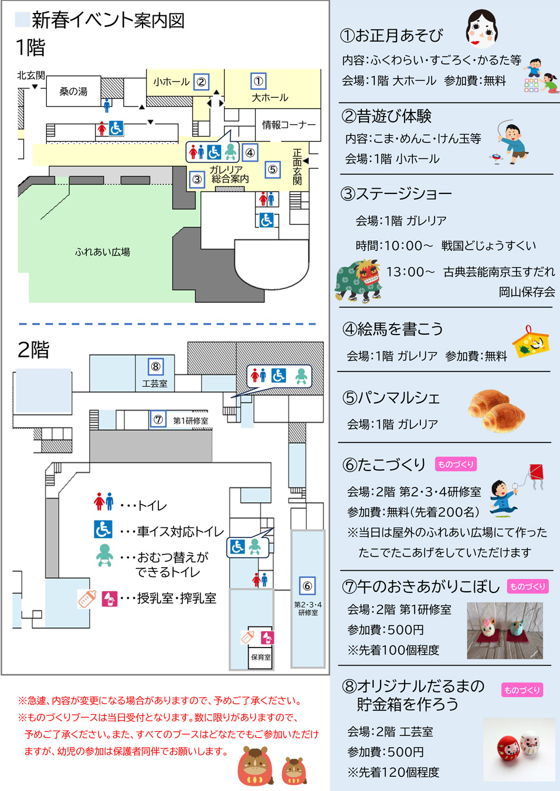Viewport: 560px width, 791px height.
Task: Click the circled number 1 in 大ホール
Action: click(258, 81)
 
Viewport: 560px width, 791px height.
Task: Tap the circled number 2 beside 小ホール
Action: click(201, 82)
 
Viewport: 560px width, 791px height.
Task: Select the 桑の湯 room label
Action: click(73, 91)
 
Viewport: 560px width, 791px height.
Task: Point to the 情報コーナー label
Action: click(289, 125)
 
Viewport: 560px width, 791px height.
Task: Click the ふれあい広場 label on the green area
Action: click(103, 252)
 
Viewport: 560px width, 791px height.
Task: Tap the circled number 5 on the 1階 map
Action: click(273, 170)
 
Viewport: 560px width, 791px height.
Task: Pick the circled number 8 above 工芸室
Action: click(155, 367)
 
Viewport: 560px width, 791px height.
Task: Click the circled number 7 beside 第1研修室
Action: click(158, 420)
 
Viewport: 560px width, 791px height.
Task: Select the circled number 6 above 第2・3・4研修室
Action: click(307, 586)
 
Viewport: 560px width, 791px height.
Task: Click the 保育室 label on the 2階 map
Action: click(261, 657)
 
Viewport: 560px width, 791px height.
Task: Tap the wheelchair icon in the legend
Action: click(103, 529)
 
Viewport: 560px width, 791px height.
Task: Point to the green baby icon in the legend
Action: click(104, 555)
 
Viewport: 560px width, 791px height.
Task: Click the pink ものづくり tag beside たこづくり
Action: click(456, 464)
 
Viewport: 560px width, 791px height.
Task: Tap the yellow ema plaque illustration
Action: click(531, 343)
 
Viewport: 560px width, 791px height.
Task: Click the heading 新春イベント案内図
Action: click(108, 21)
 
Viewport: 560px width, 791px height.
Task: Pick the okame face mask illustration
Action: click(481, 29)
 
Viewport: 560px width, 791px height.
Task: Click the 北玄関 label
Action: click(30, 75)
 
